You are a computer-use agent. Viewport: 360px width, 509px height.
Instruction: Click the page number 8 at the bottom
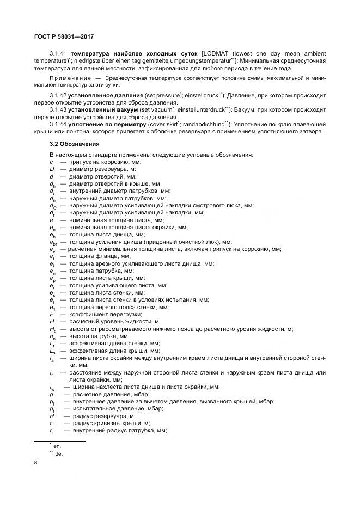(35, 464)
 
